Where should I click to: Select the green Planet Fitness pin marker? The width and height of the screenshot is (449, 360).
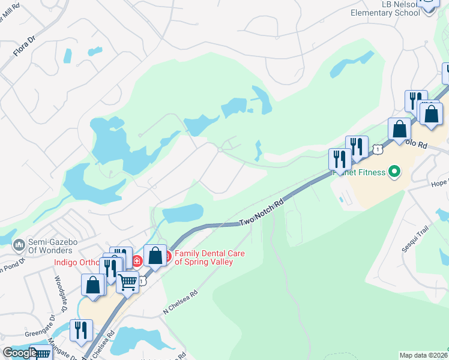tap(394, 173)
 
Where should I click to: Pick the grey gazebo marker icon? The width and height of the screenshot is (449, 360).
tap(19, 245)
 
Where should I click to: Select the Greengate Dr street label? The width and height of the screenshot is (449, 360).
tap(40, 333)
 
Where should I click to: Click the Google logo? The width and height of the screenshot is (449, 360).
tap(20, 353)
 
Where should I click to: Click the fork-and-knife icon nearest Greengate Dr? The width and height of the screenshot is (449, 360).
tap(81, 330)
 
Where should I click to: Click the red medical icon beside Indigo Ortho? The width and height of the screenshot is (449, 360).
tap(137, 260)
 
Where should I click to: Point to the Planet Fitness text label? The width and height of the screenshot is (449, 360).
tap(358, 173)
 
